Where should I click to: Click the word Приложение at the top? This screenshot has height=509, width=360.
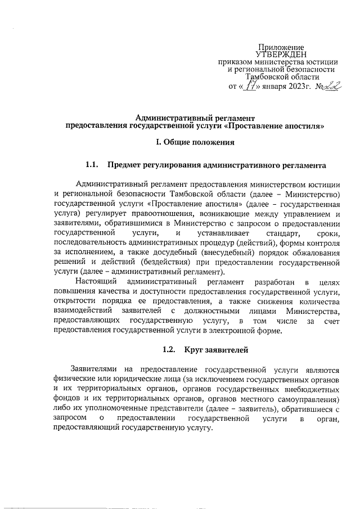point(281,47)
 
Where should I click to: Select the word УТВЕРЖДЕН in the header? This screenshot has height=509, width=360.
point(281,55)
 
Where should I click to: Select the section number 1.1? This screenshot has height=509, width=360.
point(92,166)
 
